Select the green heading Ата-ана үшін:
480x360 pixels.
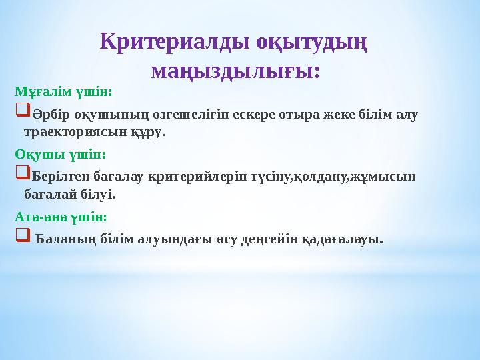point(61,217)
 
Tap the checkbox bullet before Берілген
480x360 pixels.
point(22,175)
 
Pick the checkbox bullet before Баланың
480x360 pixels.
point(22,237)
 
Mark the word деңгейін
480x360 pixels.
point(269,239)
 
